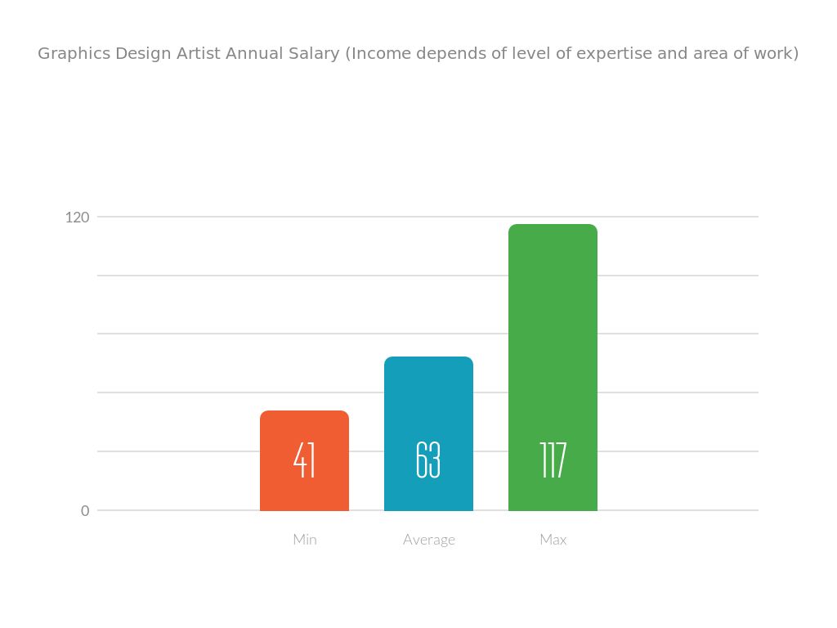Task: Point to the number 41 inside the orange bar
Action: coord(304,460)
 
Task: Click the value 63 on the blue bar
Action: coord(428,460)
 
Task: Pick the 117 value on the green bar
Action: coord(553,460)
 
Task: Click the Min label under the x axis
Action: coord(305,540)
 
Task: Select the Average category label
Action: coord(429,540)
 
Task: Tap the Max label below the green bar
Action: coord(553,540)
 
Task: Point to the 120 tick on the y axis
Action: coord(78,218)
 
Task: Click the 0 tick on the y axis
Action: coord(85,511)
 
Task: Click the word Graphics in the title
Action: coord(74,54)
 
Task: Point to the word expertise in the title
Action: coord(614,54)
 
